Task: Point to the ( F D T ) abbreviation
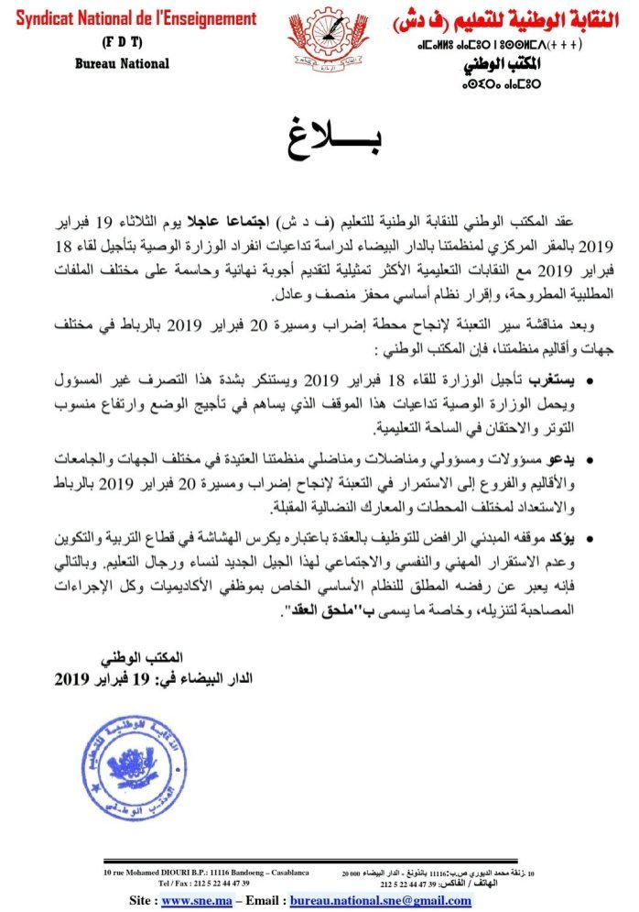click(121, 42)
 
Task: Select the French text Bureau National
click(121, 63)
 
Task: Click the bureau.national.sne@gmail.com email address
click(380, 901)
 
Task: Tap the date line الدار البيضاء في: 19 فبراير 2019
click(153, 679)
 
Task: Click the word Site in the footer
click(145, 901)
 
